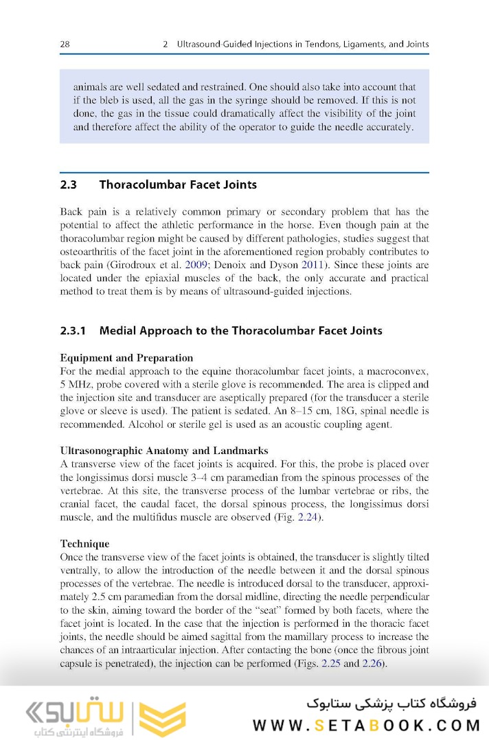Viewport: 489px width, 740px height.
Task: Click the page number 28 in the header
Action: (65, 45)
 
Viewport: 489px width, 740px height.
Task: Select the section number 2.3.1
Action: (73, 331)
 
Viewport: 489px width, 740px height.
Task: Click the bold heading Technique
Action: (84, 544)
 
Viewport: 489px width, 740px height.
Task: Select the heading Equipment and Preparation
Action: (126, 358)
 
